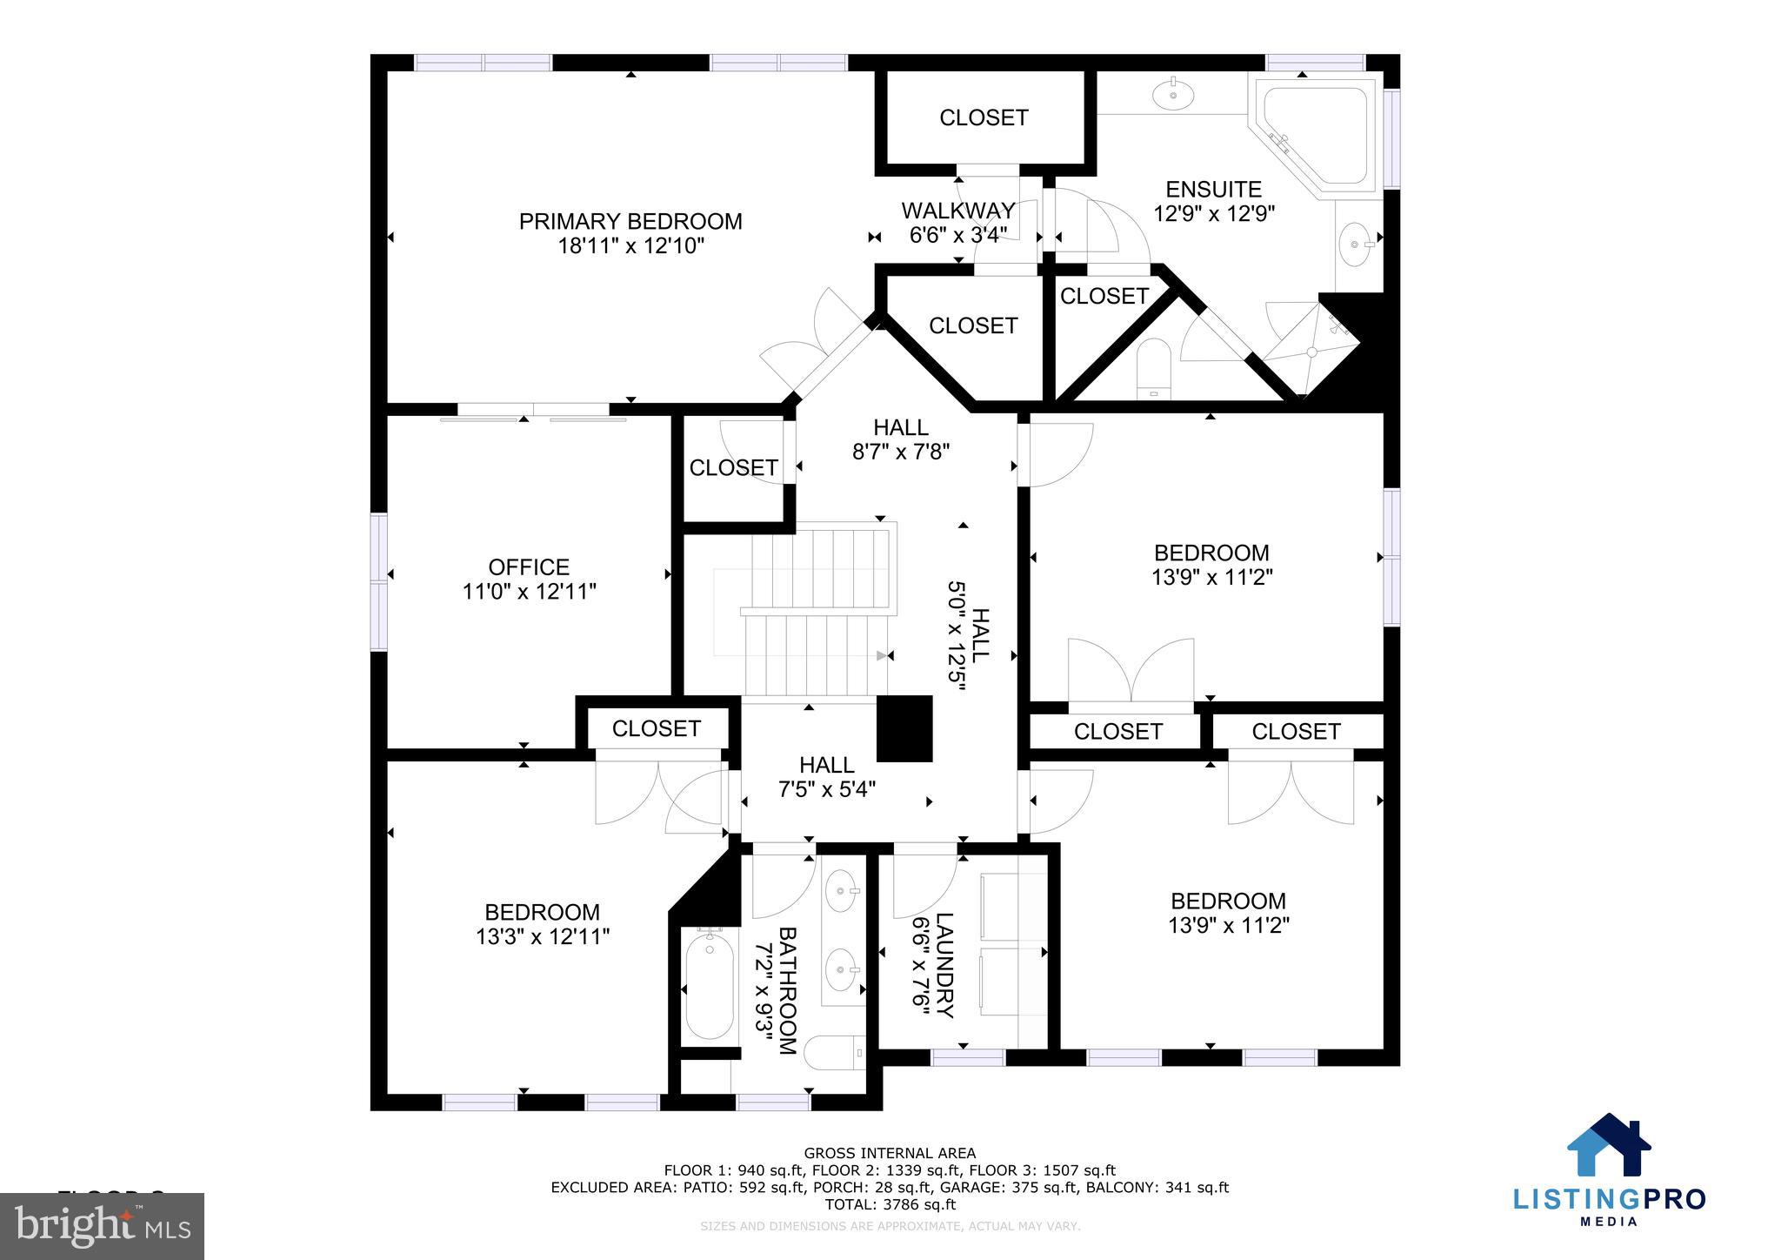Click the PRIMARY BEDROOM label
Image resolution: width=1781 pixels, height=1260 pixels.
click(x=630, y=221)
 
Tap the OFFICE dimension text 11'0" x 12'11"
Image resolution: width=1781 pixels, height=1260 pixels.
click(x=529, y=592)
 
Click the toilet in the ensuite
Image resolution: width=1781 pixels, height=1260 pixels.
click(x=1155, y=368)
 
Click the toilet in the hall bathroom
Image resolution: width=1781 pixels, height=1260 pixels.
click(x=833, y=1053)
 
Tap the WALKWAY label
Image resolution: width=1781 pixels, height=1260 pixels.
click(x=957, y=211)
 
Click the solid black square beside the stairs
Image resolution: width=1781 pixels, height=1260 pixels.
click(x=904, y=728)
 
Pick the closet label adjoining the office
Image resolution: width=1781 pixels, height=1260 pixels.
click(x=733, y=468)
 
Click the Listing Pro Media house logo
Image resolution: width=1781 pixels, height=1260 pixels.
click(x=1609, y=1146)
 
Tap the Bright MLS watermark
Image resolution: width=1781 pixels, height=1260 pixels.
click(x=103, y=1226)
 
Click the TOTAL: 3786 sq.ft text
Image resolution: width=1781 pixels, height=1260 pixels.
click(x=889, y=1204)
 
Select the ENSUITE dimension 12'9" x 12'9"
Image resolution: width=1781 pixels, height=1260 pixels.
click(x=1214, y=214)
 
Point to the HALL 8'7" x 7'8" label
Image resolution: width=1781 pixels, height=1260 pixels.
click(x=900, y=427)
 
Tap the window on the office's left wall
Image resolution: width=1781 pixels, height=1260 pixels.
click(x=379, y=581)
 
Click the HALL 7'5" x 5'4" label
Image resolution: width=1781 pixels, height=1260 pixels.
click(x=826, y=765)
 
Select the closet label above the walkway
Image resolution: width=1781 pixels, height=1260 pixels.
click(x=984, y=117)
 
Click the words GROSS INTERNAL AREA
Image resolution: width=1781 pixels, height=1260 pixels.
click(x=889, y=1154)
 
